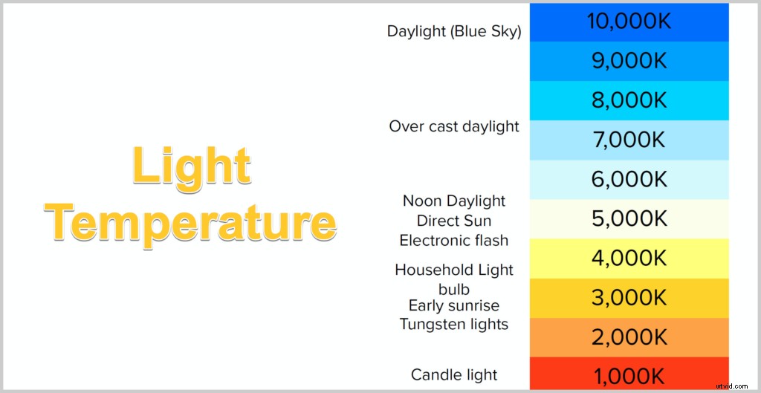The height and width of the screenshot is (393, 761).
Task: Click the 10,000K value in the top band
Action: tap(629, 22)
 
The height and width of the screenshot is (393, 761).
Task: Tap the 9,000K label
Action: tap(629, 61)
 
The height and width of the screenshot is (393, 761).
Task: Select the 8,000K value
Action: tap(629, 100)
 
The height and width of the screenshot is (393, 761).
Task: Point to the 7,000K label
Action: tap(629, 140)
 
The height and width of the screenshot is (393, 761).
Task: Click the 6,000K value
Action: tap(629, 179)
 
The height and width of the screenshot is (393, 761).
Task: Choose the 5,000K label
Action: tap(629, 218)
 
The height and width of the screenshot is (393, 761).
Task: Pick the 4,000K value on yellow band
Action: tap(629, 258)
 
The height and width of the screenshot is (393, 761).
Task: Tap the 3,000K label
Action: tap(629, 298)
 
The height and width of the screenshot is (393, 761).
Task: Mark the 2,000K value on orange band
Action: tap(629, 337)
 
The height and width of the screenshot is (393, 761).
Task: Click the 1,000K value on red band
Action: tap(629, 374)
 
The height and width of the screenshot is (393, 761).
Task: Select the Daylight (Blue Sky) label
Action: tap(454, 32)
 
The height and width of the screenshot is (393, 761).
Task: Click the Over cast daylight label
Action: tap(454, 126)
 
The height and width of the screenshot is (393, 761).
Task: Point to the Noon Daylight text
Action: tap(454, 201)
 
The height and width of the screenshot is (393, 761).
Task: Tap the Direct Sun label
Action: tap(454, 221)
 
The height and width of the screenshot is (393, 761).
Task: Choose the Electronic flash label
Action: tap(454, 241)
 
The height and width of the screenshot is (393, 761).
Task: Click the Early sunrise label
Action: tap(454, 305)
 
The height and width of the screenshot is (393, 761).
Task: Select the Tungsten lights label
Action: tap(454, 324)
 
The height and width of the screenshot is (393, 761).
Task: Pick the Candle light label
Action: tap(454, 374)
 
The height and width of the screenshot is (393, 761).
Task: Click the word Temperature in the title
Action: tap(190, 221)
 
